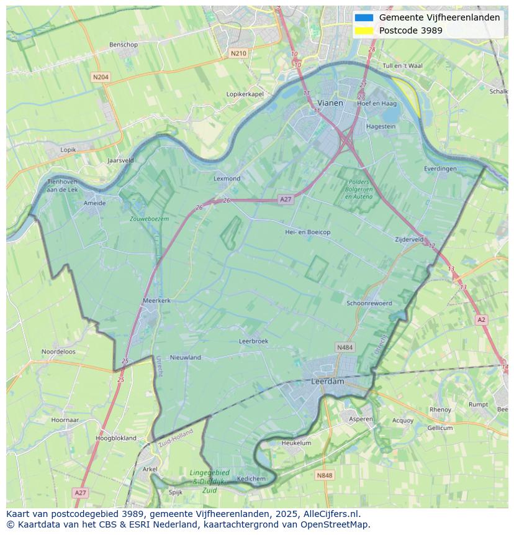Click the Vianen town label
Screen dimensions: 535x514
tap(330, 103)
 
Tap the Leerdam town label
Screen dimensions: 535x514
tap(327, 382)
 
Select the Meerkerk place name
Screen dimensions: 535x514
tap(156, 300)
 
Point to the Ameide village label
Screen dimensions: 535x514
tap(94, 203)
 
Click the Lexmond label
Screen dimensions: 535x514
tap(227, 178)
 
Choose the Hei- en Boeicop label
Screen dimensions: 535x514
tap(307, 232)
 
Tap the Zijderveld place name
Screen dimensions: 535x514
tap(409, 239)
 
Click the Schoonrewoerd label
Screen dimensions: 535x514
tap(369, 303)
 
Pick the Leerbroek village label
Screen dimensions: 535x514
tap(253, 341)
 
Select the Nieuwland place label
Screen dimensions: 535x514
tap(186, 357)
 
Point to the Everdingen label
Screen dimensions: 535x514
tap(440, 168)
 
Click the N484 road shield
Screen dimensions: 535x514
tap(345, 347)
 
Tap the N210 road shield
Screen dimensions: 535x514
tap(238, 53)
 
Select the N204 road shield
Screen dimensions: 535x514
tap(100, 77)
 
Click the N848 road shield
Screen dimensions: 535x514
tap(324, 475)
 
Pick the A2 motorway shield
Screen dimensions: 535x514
tap(481, 319)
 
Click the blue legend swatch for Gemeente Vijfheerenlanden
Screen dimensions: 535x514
tap(364, 17)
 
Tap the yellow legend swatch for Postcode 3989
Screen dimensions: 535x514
tap(364, 30)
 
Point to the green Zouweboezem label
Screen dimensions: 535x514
tap(149, 219)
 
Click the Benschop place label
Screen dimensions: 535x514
tap(123, 45)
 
